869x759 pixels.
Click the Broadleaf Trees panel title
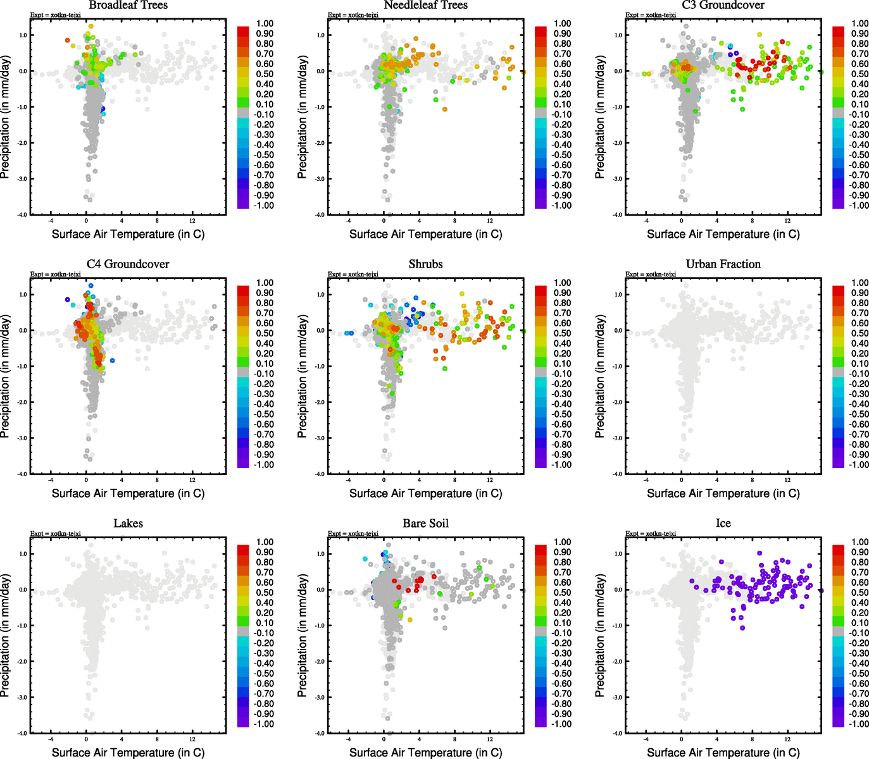click(x=128, y=5)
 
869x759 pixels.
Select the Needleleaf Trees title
click(x=425, y=5)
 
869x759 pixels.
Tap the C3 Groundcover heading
click(x=723, y=5)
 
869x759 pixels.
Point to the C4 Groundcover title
click(x=128, y=264)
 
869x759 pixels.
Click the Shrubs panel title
click(x=425, y=264)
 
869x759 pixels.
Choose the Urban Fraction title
click(x=723, y=264)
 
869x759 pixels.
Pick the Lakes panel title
click(x=128, y=524)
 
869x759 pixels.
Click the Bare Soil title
click(x=425, y=524)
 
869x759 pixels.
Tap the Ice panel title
click(x=723, y=524)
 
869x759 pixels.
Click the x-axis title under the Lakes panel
click(x=128, y=753)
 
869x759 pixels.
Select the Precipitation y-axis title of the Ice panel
click(x=600, y=636)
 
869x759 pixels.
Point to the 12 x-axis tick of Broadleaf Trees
click(x=192, y=221)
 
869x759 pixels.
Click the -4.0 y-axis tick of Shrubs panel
click(x=321, y=474)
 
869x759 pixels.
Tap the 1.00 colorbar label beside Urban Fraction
click(x=860, y=283)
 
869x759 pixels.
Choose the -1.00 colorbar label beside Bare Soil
click(x=561, y=724)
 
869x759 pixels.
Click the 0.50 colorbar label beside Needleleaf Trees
click(x=563, y=74)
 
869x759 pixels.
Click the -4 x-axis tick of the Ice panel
click(x=646, y=739)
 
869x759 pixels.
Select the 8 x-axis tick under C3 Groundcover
click(x=752, y=221)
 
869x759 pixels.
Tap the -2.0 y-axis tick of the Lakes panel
click(x=23, y=662)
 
